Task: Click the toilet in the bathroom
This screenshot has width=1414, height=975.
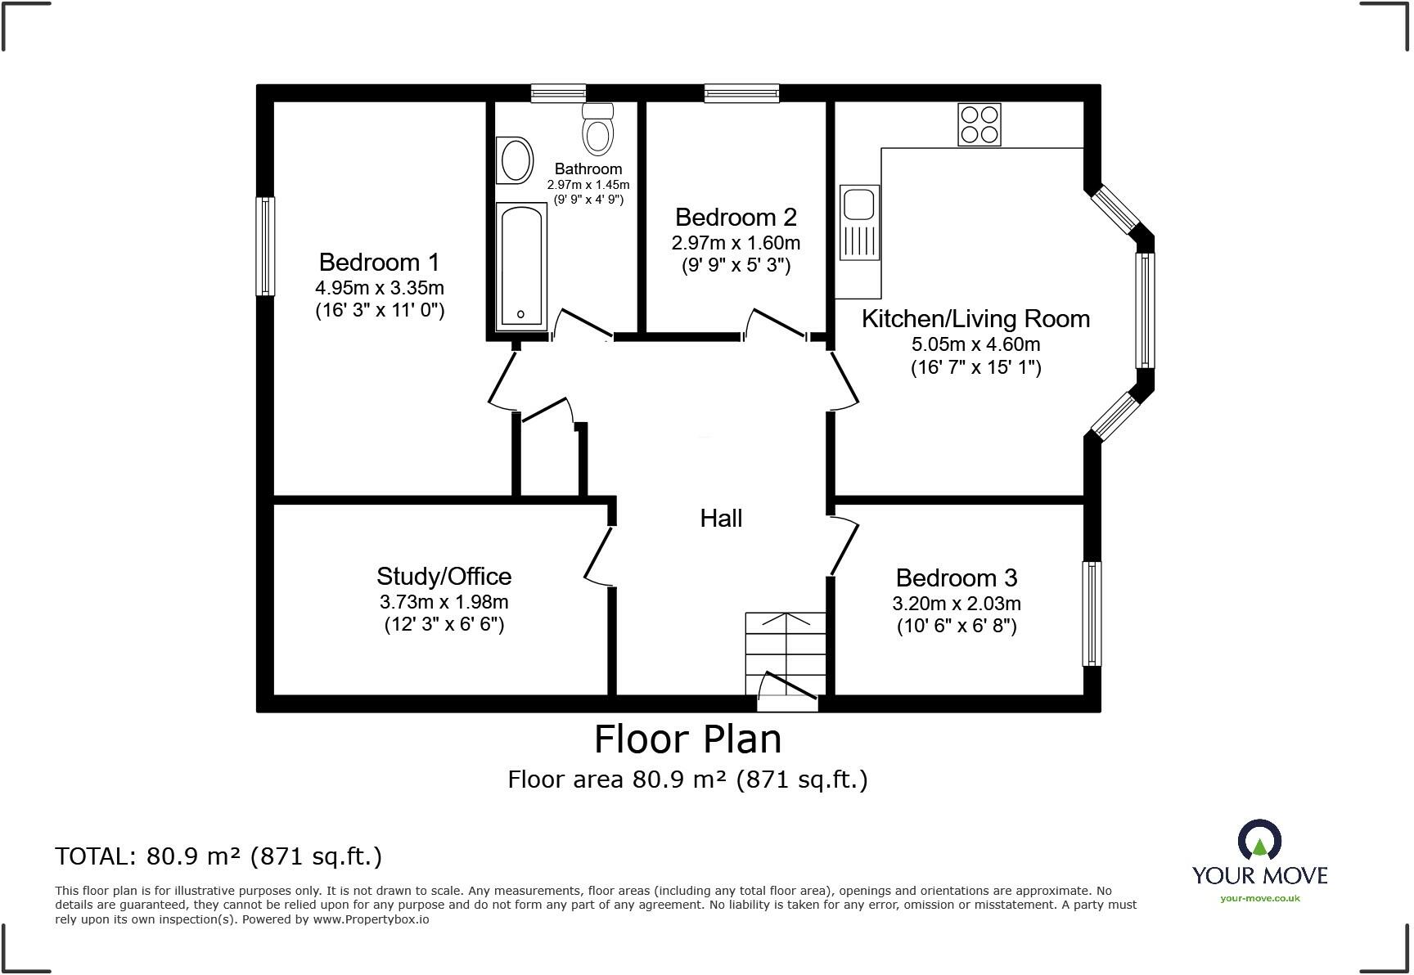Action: pos(598,129)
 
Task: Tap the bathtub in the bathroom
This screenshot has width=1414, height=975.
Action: pos(521,266)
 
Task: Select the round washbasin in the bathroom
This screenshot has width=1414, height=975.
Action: pos(516,160)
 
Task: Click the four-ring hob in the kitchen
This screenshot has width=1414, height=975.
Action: pos(979,124)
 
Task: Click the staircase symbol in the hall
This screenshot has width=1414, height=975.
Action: pos(786,654)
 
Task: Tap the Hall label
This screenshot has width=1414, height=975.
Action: pos(721,518)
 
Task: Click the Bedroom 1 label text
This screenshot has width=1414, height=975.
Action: pos(379,262)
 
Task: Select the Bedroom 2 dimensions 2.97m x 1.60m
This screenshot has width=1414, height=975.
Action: pos(736,243)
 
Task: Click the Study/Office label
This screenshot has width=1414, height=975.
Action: pos(444,576)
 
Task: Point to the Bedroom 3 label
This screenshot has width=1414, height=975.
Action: pos(956,577)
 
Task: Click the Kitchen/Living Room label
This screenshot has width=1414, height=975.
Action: pos(975,318)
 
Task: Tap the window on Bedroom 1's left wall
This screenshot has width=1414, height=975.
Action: pos(265,245)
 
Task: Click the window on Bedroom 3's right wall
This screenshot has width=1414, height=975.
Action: pos(1092,613)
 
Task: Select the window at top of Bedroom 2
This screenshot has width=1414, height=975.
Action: pos(741,94)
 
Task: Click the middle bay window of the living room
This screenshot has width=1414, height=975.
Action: pos(1145,310)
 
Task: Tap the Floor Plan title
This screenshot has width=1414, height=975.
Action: pos(687,739)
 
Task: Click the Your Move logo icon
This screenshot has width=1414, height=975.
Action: pos(1259,841)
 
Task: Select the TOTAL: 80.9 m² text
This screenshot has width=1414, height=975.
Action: pos(218,856)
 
